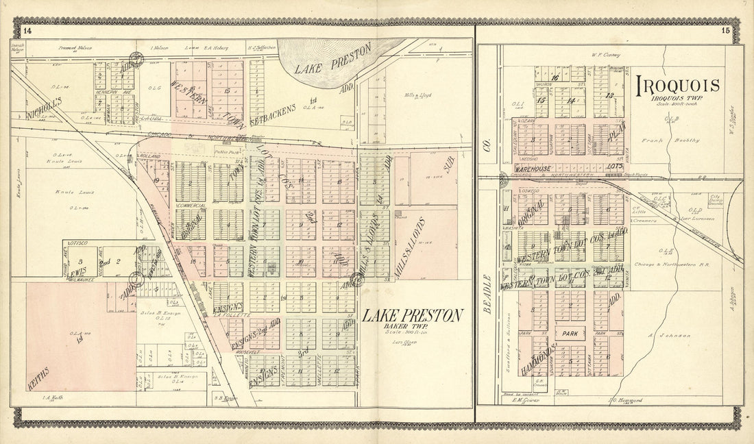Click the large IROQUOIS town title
tap(679, 86)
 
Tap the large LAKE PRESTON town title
tap(412, 315)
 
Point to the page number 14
tap(27, 30)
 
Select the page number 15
tap(725, 30)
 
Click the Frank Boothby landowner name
tap(662, 140)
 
